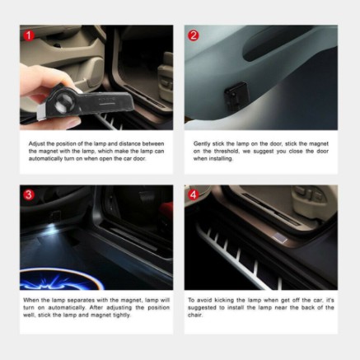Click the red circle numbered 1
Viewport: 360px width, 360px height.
[x=30, y=36]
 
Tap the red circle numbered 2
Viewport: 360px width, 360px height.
[x=194, y=36]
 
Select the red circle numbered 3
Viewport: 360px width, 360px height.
[x=30, y=195]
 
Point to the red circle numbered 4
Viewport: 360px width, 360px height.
[x=194, y=195]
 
